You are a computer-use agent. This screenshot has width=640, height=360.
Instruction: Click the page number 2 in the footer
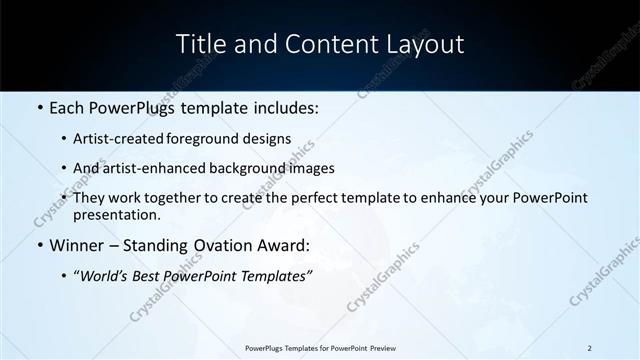(590, 348)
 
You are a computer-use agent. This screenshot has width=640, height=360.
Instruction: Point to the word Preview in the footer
(377, 348)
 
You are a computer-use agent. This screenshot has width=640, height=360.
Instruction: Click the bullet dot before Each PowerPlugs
(39, 106)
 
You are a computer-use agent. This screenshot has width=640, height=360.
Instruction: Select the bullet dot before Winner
(39, 245)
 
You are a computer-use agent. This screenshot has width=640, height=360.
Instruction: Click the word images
(312, 169)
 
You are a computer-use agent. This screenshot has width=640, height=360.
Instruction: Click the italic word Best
(147, 274)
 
